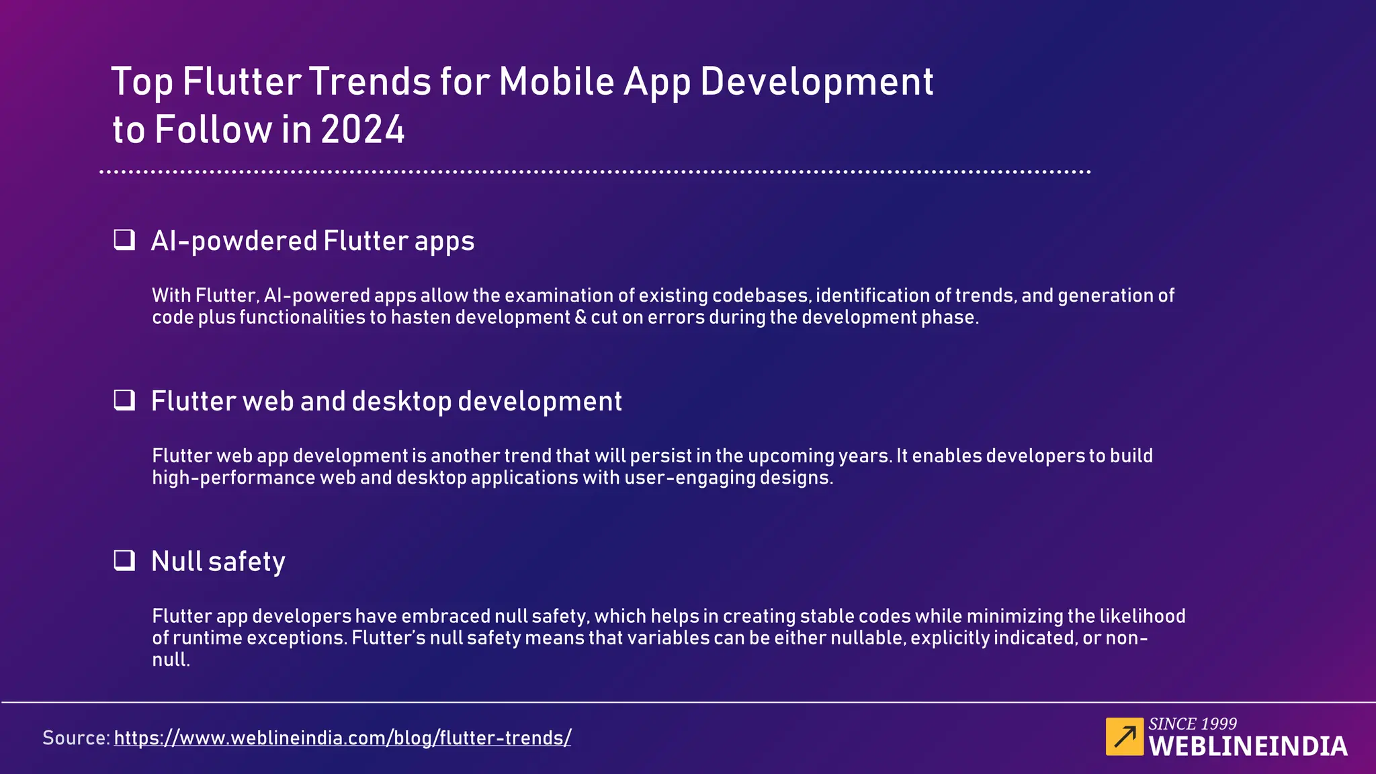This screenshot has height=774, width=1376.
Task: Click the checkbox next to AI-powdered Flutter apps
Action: coord(124,240)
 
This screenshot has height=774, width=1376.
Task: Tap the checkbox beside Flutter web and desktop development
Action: coord(124,400)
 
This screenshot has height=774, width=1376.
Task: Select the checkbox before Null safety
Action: coord(124,560)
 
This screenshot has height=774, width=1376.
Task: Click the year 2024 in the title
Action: coord(363,130)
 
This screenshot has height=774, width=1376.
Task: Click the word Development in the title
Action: coord(816,82)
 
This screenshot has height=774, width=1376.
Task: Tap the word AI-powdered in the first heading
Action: coord(234,241)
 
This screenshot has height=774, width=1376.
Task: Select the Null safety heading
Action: coord(218,562)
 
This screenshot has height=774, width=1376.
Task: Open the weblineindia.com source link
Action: coord(343,738)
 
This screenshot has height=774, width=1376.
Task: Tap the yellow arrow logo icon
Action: coord(1124,737)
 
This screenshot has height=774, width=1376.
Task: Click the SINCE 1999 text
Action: coord(1192,724)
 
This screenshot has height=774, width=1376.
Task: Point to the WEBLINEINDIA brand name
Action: coord(1248,746)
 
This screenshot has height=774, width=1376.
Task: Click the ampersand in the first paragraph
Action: coord(580,317)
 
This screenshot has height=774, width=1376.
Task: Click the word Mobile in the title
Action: coord(556,82)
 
